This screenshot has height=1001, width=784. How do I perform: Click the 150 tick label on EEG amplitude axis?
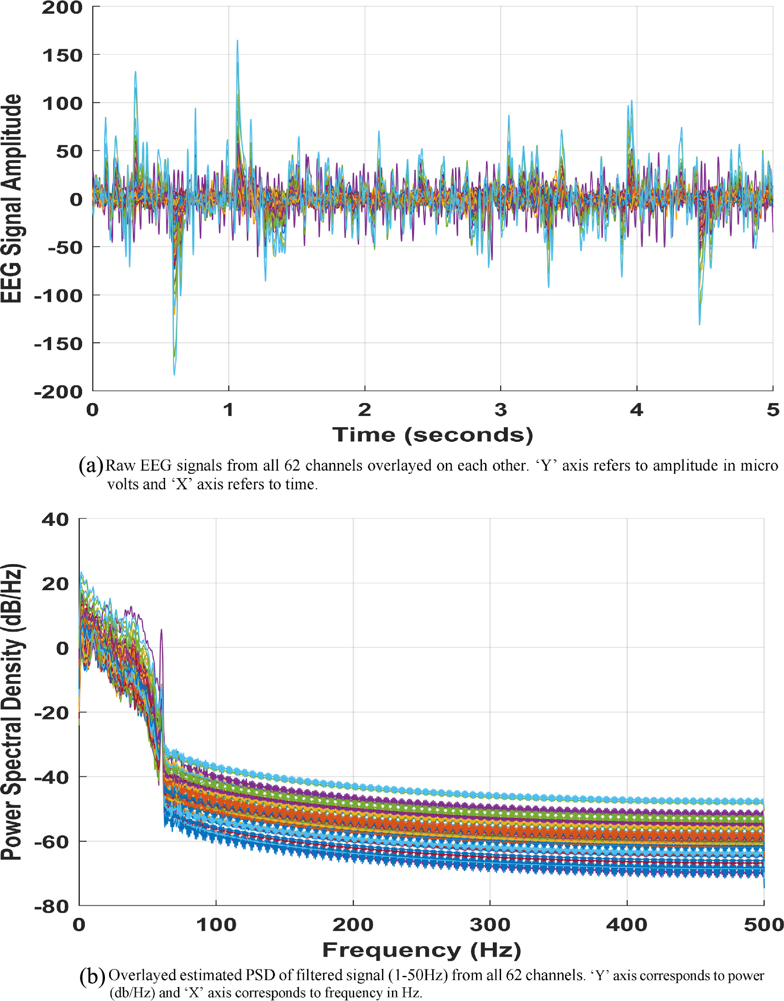62,56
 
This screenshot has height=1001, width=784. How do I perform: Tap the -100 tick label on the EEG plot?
58,296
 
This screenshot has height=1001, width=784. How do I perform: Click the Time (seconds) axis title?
432,435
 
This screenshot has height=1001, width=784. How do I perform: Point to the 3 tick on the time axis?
500,409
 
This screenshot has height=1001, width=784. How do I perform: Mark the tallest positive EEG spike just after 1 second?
237,42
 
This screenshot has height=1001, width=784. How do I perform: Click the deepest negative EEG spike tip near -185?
174,374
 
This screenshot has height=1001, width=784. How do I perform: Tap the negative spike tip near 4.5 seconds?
699,324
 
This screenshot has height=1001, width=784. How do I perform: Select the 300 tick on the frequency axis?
490,924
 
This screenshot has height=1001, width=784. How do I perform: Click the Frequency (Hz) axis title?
421,949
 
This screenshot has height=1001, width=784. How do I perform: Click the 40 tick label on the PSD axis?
56,519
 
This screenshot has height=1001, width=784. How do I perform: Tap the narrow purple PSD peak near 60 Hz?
161,631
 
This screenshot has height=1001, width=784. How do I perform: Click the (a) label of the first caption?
90,465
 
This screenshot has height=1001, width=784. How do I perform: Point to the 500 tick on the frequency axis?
763,924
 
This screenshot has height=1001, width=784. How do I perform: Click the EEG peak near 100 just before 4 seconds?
632,101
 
